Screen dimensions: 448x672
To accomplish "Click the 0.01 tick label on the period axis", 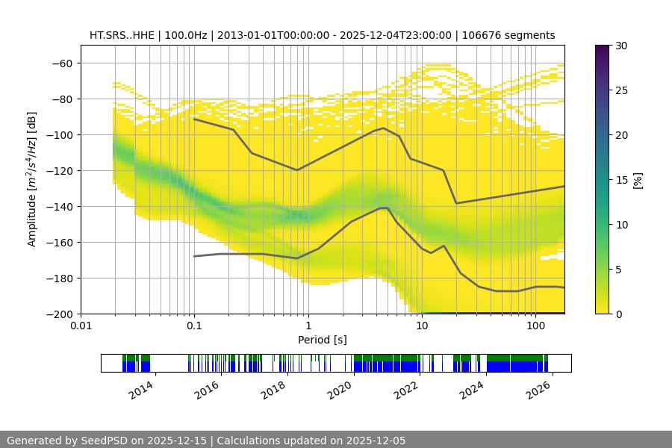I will tap(81, 326).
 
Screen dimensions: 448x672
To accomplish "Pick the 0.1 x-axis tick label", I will tap(194, 326).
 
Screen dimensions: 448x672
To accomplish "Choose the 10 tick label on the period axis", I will tap(422, 326).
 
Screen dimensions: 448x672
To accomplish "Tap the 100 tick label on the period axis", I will tap(535, 326).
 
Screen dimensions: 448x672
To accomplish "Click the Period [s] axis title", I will tap(323, 340).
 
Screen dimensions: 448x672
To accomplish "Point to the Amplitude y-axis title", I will tap(31, 179).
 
